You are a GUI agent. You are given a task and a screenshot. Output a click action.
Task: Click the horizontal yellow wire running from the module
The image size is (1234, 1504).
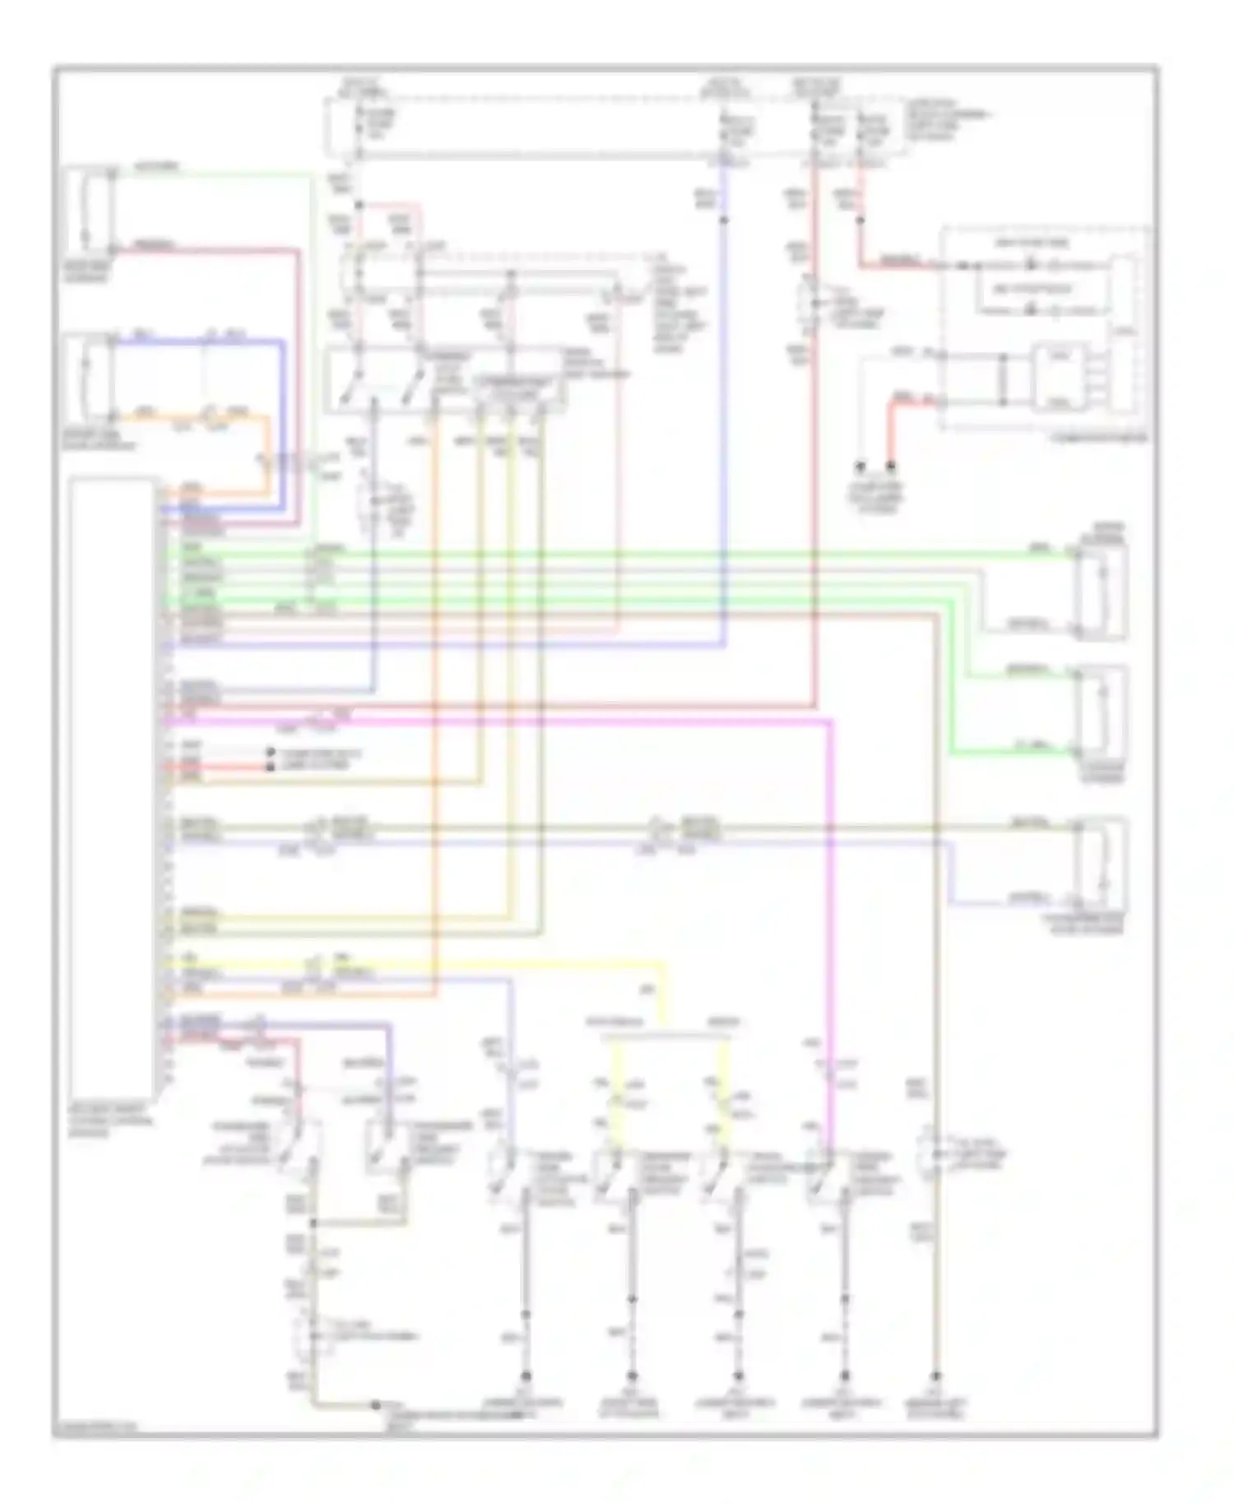[x=411, y=961]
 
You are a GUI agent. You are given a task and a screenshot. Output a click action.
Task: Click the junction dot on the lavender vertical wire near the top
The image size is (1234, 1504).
[x=724, y=220]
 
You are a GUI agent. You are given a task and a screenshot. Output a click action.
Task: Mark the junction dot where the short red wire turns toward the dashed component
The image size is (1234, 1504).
[x=861, y=220]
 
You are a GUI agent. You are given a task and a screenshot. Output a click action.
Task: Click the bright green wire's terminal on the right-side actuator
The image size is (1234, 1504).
[x=1074, y=751]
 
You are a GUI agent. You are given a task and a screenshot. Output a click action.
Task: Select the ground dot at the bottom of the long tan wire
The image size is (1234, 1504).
[x=935, y=1376]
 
